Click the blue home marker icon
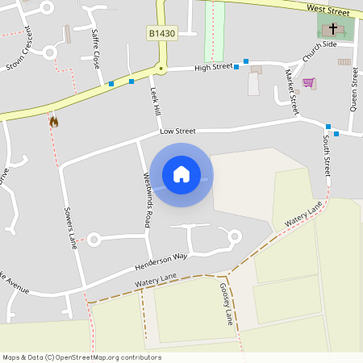[x=181, y=174]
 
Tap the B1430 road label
[x=161, y=33]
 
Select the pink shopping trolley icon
[x=308, y=82]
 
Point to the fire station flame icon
[x=54, y=122]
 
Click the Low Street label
[x=177, y=131]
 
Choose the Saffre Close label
[x=97, y=48]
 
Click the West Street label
[x=327, y=9]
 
